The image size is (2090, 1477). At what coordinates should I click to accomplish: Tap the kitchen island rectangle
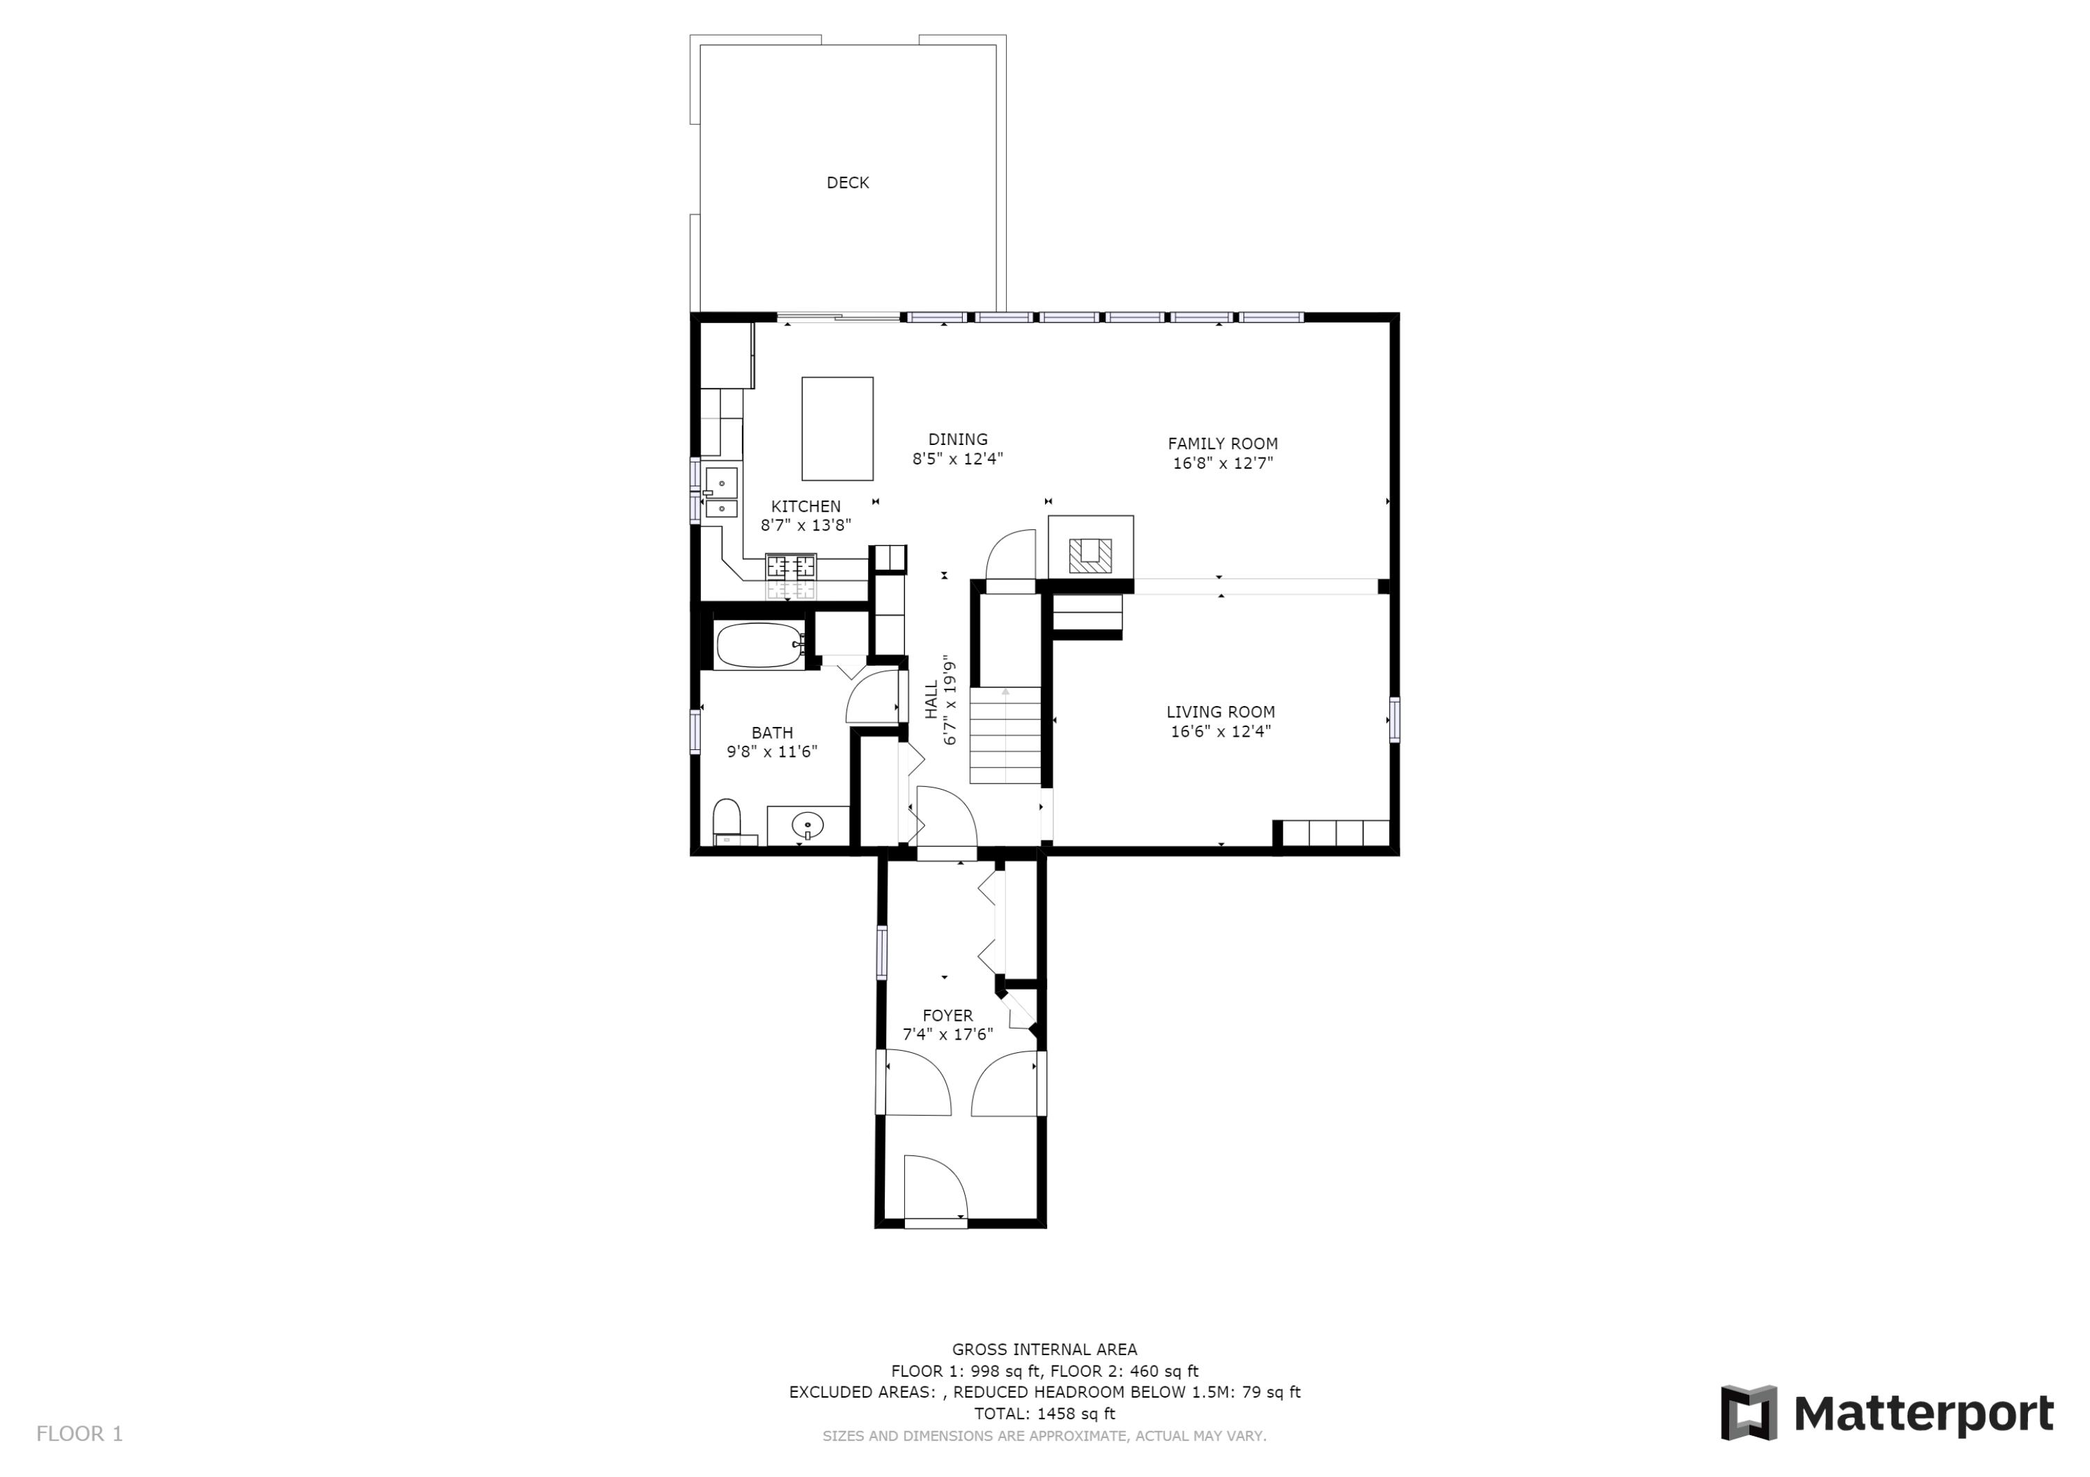[x=837, y=429]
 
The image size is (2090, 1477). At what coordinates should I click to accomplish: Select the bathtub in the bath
[x=759, y=646]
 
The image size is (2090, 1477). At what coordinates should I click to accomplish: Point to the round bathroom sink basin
[x=807, y=825]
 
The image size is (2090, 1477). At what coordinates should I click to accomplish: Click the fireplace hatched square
[x=1090, y=555]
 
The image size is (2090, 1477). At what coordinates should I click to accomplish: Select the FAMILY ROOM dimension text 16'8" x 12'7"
[x=1223, y=463]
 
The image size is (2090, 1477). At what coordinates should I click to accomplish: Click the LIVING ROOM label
[x=1221, y=712]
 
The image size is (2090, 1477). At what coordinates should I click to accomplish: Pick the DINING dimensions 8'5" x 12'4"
[x=958, y=459]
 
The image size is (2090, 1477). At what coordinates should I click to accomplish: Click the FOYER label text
[x=947, y=1015]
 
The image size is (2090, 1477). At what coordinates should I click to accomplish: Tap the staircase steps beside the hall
[x=1005, y=735]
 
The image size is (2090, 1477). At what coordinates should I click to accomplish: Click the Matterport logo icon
[x=1749, y=1414]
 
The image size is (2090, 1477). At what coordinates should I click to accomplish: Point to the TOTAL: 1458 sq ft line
[x=1044, y=1414]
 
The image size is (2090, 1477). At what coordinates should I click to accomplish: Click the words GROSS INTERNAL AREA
[x=1044, y=1350]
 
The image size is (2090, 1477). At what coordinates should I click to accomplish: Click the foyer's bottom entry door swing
[x=936, y=1187]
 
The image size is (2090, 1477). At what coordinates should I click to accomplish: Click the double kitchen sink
[x=721, y=492]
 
